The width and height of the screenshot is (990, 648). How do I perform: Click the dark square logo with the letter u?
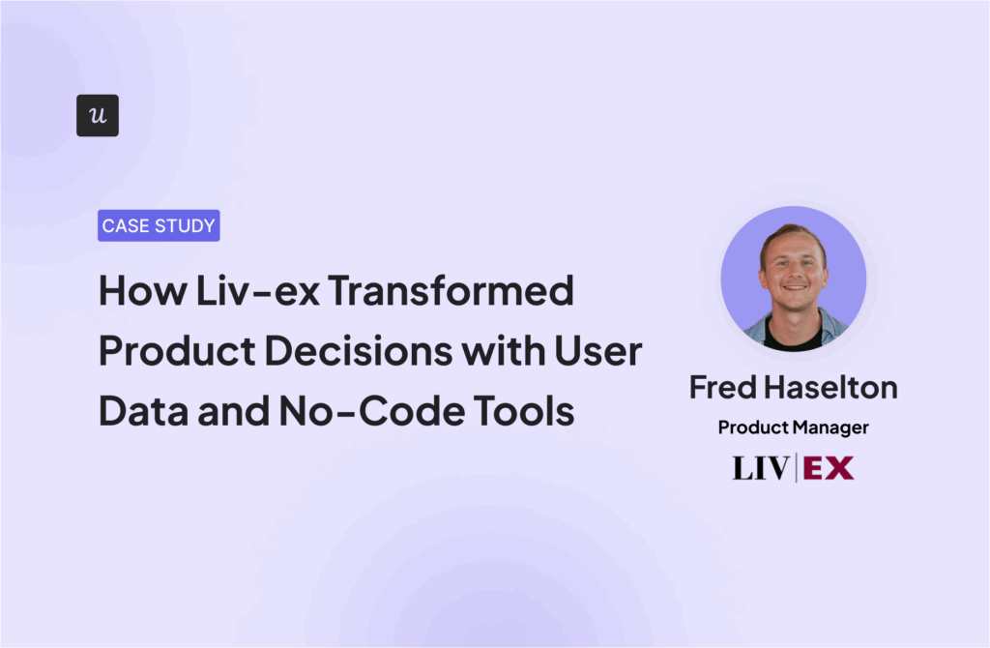pos(98,116)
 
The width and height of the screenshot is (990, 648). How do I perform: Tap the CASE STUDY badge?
pos(159,225)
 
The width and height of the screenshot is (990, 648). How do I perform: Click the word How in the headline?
pos(143,291)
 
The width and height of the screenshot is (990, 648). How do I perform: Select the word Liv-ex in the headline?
pos(257,291)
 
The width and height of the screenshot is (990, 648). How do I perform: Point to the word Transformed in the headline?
pos(451,291)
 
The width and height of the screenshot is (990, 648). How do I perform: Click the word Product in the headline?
pos(177,351)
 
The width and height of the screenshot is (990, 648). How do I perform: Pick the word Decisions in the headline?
pos(358,351)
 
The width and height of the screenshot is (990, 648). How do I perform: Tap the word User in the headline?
pos(597,351)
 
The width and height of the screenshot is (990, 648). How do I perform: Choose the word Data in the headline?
pos(143,411)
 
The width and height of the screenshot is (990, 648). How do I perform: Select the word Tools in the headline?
pos(524,411)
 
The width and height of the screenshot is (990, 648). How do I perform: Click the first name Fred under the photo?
pos(723,387)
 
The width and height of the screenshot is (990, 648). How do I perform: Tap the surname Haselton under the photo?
pos(830,387)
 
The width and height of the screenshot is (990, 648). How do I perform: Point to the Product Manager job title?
pos(794,427)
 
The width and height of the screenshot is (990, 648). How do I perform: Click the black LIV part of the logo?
pos(761,468)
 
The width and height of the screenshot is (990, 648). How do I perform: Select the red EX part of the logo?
pos(829,468)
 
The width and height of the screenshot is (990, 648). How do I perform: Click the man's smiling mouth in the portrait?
pos(795,288)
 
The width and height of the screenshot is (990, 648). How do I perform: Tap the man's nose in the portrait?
pos(795,272)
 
